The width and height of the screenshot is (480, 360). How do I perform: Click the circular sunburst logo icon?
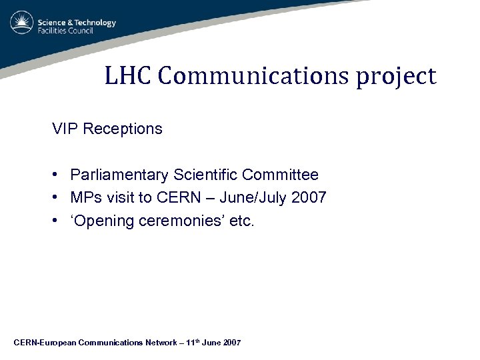tap(22, 24)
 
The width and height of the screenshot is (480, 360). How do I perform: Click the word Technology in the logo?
tap(92, 22)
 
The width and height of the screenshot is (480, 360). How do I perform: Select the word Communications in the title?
tap(251, 76)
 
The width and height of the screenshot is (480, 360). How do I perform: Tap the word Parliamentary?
tap(119, 175)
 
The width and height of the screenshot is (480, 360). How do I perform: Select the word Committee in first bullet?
tap(280, 175)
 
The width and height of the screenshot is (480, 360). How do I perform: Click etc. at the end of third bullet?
tap(241, 221)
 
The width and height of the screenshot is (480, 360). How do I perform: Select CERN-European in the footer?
tap(44, 343)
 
